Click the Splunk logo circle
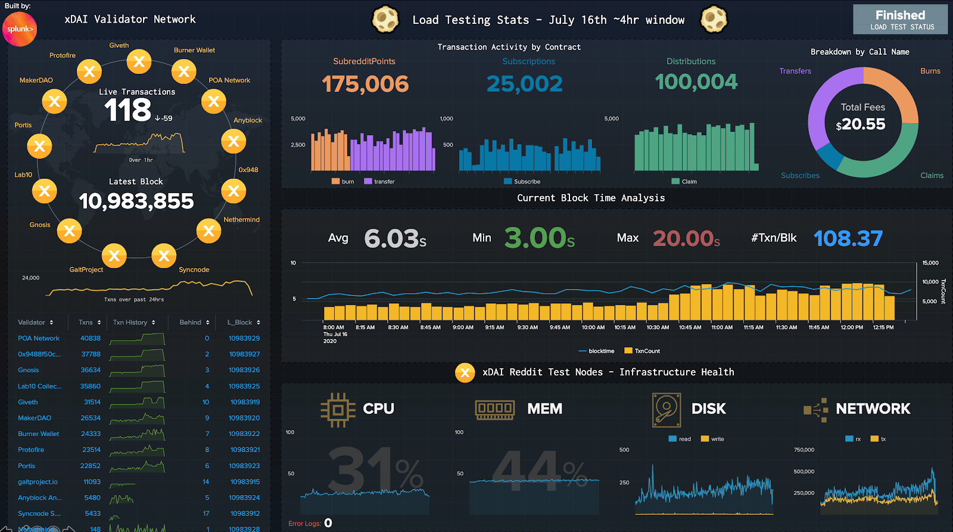[20, 29]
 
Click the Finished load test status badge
[900, 19]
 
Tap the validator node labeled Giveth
[139, 61]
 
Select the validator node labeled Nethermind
[208, 231]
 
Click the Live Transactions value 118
[127, 110]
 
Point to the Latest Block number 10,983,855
[136, 201]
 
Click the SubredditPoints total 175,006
[365, 84]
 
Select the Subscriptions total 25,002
[524, 84]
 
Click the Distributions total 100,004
[696, 82]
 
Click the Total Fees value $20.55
[861, 124]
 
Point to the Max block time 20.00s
[686, 238]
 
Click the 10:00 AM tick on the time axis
[593, 327]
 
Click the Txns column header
[86, 322]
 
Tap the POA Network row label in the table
[39, 338]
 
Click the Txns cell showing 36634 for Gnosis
[91, 370]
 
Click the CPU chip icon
[338, 409]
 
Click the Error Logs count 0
[328, 523]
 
